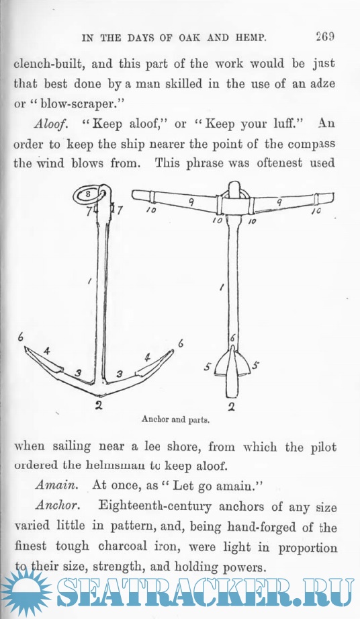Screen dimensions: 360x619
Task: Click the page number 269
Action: point(325,37)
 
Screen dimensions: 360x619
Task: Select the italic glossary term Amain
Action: point(56,485)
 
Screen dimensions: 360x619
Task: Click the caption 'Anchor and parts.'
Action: point(175,419)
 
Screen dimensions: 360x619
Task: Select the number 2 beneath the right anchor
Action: point(232,406)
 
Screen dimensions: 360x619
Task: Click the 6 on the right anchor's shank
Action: point(232,337)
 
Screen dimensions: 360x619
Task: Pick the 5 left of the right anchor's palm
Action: point(208,368)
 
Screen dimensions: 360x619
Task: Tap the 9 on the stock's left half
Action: point(191,202)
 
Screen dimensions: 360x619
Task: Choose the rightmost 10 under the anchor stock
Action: point(316,212)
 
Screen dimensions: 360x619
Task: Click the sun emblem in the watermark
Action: point(26,593)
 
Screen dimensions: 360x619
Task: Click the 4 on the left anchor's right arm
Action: point(148,358)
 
